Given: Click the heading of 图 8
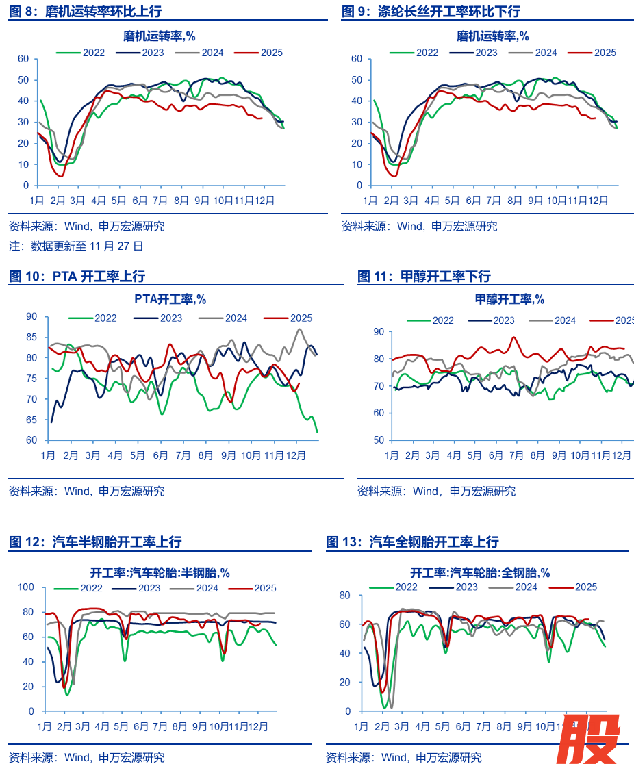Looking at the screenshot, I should (x=86, y=12).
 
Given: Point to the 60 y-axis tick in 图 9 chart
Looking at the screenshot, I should (x=355, y=59).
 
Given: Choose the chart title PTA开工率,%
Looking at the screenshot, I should (x=170, y=298).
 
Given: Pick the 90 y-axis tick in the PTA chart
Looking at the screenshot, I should (x=31, y=316).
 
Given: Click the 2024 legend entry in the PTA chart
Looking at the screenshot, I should (x=223, y=318).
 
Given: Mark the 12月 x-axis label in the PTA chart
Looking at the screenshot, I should (x=296, y=455).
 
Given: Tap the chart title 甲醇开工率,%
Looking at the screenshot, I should (x=509, y=299).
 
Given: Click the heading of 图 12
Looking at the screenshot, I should (x=95, y=542).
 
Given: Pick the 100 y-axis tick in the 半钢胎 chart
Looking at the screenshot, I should (x=26, y=587).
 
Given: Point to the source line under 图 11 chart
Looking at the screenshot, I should (x=436, y=491).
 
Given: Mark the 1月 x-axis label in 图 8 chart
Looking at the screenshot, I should (x=37, y=201).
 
